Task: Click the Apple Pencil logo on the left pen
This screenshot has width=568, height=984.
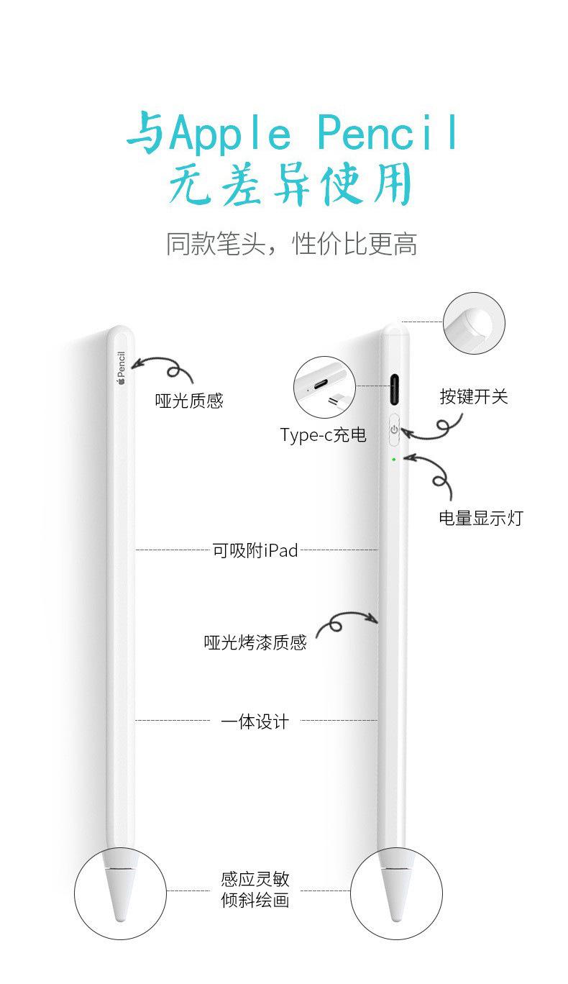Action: point(121,368)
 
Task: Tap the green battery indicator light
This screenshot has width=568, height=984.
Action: point(394,459)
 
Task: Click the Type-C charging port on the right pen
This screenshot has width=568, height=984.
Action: point(395,390)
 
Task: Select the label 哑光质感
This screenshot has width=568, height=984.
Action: point(190,401)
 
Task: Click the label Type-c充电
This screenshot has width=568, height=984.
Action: point(323,434)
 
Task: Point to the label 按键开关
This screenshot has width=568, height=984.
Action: point(474,396)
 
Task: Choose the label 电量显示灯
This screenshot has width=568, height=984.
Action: point(481,518)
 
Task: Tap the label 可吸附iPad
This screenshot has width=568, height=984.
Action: point(255,551)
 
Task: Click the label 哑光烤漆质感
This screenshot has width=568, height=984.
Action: point(255,642)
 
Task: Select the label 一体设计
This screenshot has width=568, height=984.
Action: point(255,722)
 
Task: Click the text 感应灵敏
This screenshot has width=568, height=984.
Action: point(255,879)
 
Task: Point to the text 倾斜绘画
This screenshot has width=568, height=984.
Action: point(255,900)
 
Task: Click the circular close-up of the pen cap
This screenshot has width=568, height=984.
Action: point(474,323)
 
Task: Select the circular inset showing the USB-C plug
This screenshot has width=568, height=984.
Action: point(324,387)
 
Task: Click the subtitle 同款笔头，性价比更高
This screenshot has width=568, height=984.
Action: point(291,245)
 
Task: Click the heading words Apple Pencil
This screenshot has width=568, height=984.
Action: point(313,135)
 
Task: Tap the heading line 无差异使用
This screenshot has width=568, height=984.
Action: point(290,185)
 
